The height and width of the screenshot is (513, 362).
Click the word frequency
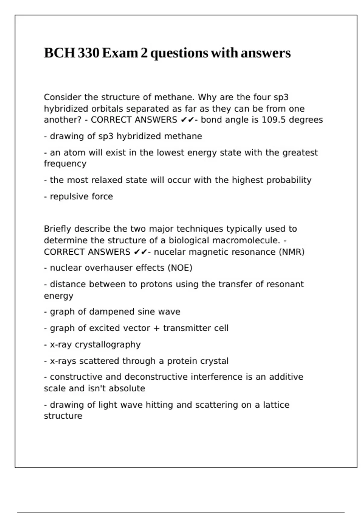tap(65, 164)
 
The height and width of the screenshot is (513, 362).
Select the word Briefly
tap(57, 229)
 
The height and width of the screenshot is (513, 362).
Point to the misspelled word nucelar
tap(169, 252)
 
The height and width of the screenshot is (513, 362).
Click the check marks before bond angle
tap(187, 120)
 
